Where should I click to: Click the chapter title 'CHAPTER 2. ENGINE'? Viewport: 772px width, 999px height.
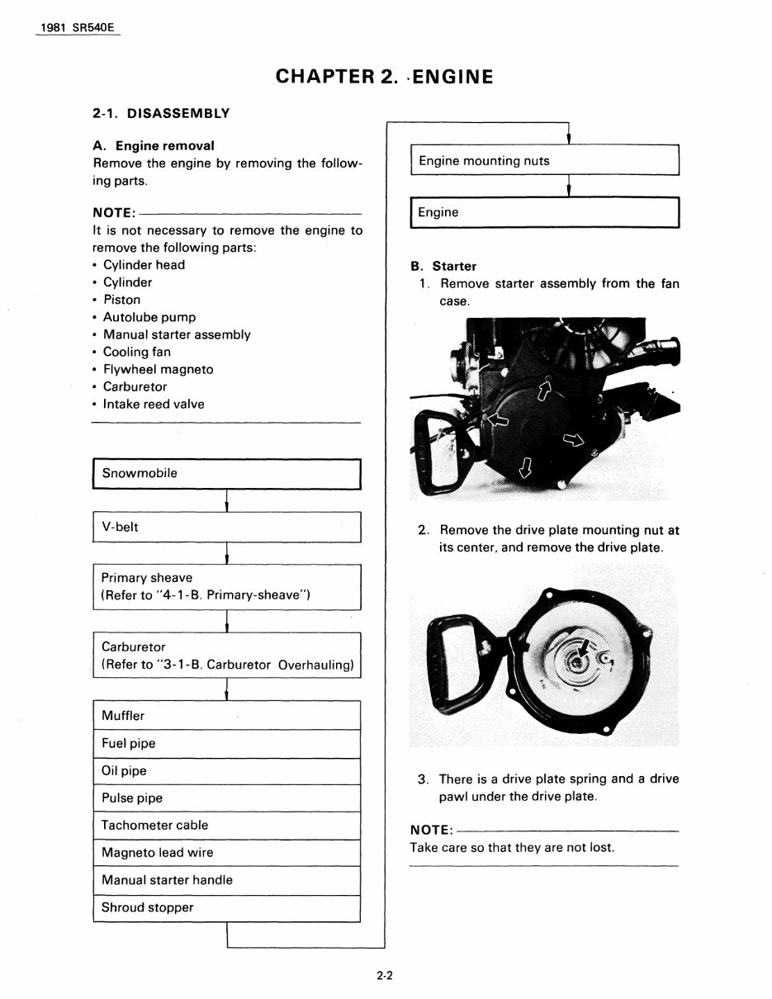pyautogui.click(x=385, y=77)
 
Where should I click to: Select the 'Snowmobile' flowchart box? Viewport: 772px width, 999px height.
pyautogui.click(x=226, y=474)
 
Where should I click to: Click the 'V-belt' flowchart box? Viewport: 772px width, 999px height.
pyautogui.click(x=226, y=527)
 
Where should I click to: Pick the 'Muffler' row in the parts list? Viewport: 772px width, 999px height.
pyautogui.click(x=226, y=716)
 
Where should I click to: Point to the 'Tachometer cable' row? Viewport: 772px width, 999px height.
pyautogui.click(x=226, y=825)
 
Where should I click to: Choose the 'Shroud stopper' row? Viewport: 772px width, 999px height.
pyautogui.click(x=226, y=907)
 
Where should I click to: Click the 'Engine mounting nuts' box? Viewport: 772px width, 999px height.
pyautogui.click(x=543, y=161)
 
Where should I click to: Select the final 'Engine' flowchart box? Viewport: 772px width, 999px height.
pyautogui.click(x=543, y=212)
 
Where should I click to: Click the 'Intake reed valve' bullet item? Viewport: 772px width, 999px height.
pyautogui.click(x=153, y=404)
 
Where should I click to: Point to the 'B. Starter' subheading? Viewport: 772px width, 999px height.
pyautogui.click(x=443, y=266)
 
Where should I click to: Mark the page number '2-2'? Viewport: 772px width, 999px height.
pyautogui.click(x=385, y=975)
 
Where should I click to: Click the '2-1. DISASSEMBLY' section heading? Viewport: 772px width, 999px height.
pyautogui.click(x=161, y=113)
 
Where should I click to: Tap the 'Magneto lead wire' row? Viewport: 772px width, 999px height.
pyautogui.click(x=226, y=852)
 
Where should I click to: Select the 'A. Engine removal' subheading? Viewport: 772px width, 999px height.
pyautogui.click(x=154, y=145)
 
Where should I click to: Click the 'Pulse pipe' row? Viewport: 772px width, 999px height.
pyautogui.click(x=226, y=798)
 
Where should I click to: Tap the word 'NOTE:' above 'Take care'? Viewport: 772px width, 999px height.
pyautogui.click(x=431, y=830)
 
